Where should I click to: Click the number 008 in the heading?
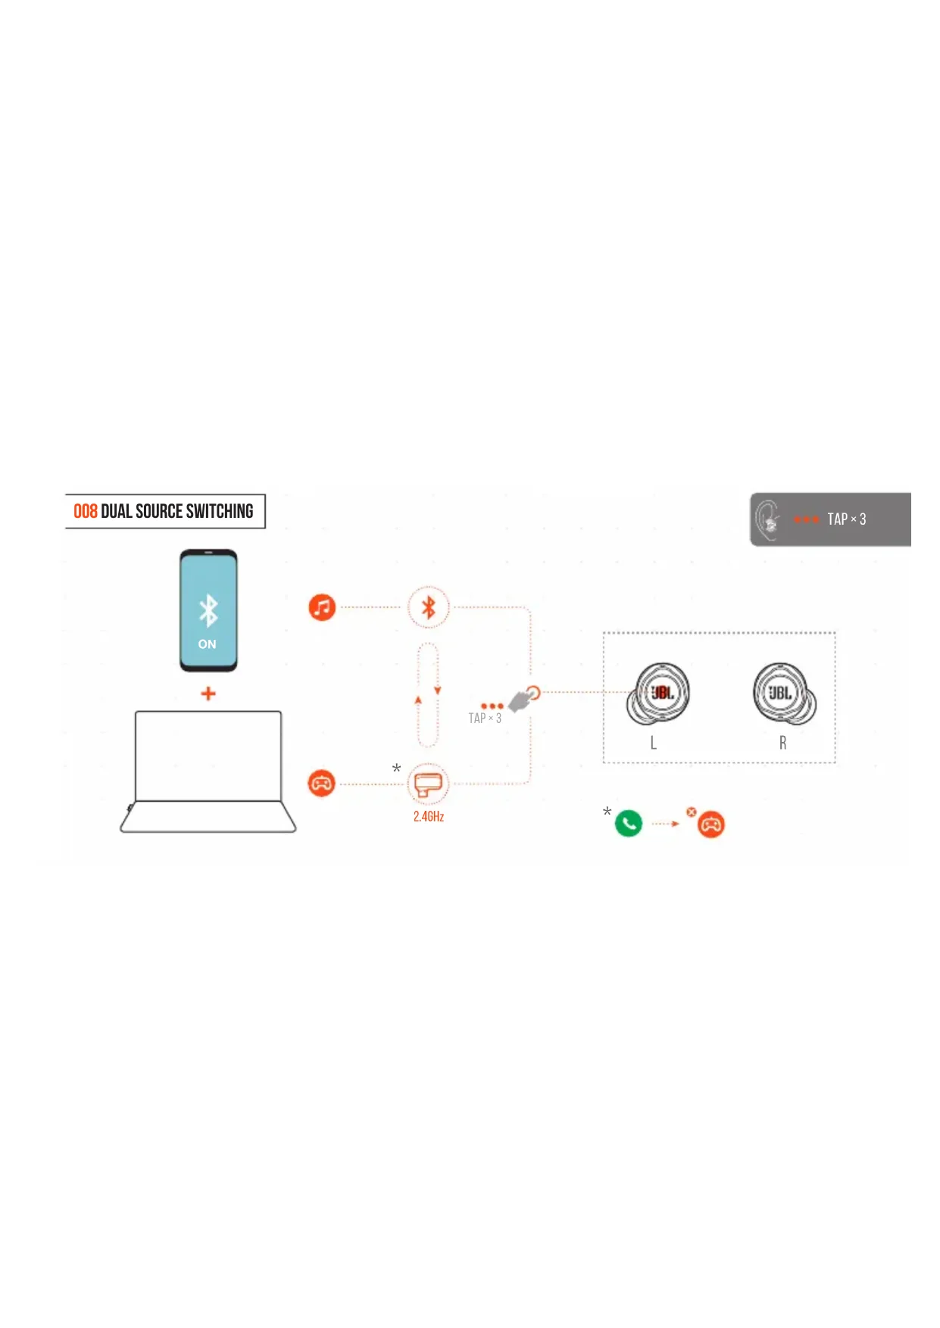(85, 512)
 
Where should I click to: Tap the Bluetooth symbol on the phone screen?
(208, 610)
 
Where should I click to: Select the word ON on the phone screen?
(208, 644)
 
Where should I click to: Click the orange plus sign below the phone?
(208, 694)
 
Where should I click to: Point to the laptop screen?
(208, 756)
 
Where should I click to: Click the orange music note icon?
(322, 607)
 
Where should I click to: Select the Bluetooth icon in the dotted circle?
(429, 607)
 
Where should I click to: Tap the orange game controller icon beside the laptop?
(322, 783)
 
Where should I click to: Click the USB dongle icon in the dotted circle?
(428, 784)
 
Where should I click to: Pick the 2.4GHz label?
(429, 816)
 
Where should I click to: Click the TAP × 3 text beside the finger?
(485, 719)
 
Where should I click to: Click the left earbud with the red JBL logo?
(658, 694)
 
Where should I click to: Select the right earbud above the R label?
(784, 694)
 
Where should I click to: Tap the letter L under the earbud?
(653, 743)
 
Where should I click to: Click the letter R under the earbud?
(782, 743)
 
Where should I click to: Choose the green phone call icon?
(629, 823)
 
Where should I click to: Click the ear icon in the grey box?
(768, 520)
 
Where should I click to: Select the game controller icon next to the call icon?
(711, 824)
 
